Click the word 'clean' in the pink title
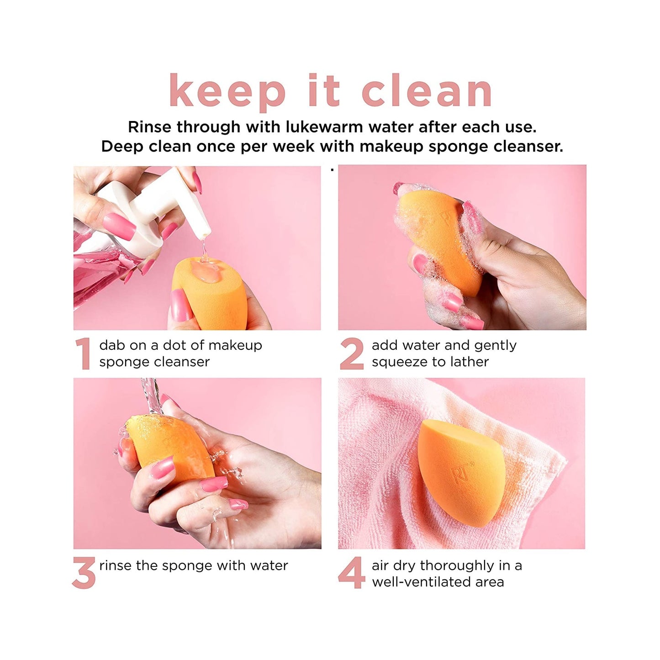[x=427, y=91]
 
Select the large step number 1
[x=83, y=354]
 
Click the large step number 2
[x=351, y=354]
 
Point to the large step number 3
[x=84, y=573]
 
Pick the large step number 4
[x=351, y=573]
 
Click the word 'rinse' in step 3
[x=116, y=566]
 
